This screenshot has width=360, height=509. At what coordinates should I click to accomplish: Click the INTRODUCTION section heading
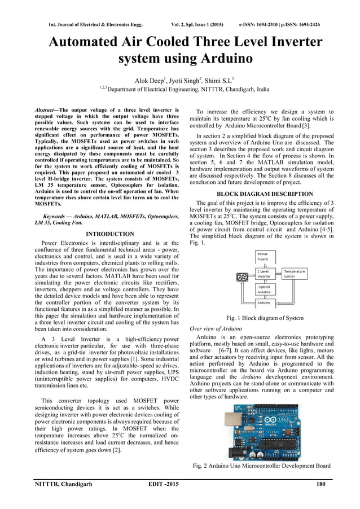110,234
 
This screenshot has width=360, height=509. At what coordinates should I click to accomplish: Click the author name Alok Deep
144,80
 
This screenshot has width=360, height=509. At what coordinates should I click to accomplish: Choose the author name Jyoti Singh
180,80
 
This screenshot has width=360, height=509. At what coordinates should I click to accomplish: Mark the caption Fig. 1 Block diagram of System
265,318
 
